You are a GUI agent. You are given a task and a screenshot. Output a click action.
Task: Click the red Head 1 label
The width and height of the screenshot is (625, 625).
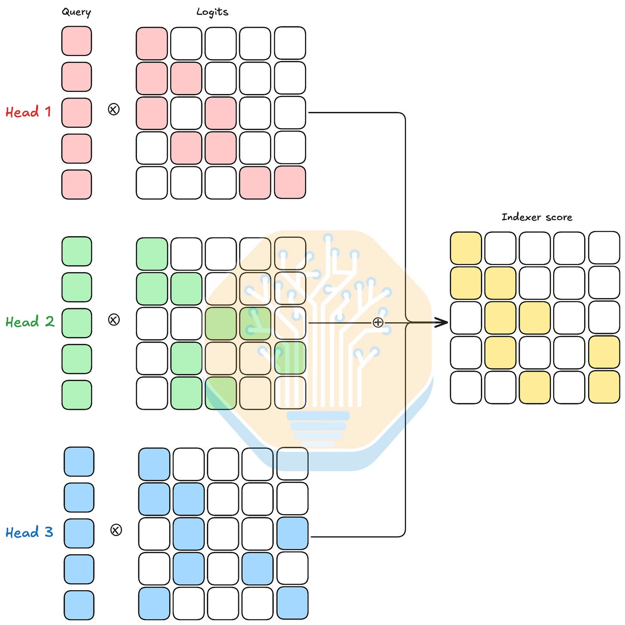(28, 112)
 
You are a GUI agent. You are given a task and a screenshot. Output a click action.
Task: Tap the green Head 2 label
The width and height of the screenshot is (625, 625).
(30, 322)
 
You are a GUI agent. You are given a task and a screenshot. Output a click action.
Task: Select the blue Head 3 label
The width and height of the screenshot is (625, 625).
(29, 532)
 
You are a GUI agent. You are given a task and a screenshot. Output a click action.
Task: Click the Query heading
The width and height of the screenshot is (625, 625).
(76, 12)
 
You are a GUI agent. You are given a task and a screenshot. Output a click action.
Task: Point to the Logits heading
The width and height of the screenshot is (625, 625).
(212, 12)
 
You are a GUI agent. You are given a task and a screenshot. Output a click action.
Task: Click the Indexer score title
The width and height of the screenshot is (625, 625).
(537, 217)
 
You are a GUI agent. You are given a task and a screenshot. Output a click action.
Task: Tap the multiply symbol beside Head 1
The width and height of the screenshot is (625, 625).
(113, 109)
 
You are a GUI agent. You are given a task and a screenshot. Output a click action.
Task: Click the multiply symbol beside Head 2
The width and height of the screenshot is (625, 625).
(114, 320)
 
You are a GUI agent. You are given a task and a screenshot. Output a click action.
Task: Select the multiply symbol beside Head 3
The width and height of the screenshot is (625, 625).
(116, 530)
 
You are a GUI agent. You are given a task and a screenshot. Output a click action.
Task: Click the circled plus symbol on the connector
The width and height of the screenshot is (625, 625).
(378, 322)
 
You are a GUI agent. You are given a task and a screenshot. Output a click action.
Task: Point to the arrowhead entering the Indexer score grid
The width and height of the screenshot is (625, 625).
(442, 322)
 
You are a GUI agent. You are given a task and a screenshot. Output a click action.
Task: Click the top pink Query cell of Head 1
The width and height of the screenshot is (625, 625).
(76, 41)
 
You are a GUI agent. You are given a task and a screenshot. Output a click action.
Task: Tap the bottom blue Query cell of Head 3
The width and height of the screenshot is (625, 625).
(79, 605)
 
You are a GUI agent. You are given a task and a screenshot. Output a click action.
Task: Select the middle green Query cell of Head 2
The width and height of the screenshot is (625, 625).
(77, 323)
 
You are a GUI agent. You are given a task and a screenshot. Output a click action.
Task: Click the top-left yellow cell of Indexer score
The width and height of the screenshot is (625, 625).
(466, 248)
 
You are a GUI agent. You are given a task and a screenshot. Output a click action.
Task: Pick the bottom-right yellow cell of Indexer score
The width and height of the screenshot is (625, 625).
(604, 387)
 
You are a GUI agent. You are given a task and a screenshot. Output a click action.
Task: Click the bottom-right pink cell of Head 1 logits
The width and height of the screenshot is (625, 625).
(290, 182)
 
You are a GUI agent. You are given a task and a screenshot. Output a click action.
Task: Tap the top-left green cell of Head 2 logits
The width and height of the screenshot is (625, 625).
(152, 254)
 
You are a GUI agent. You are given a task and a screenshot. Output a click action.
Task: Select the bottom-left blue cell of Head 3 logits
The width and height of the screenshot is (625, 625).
(154, 603)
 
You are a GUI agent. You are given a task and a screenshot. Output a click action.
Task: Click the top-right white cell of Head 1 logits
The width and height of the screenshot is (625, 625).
(290, 43)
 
